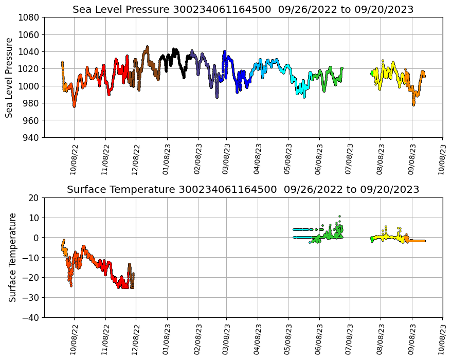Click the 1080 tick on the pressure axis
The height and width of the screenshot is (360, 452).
(29, 17)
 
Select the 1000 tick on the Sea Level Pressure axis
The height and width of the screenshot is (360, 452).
(29, 86)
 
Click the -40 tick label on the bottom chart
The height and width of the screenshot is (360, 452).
(31, 318)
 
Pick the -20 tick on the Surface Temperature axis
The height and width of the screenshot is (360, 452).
(31, 278)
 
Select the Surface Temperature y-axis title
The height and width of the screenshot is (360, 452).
(12, 257)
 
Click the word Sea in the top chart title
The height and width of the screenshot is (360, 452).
(82, 10)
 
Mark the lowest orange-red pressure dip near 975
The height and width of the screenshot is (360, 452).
(74, 106)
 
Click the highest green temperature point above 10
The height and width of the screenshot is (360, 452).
(339, 217)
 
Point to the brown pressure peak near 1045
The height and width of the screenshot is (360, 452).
(147, 47)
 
